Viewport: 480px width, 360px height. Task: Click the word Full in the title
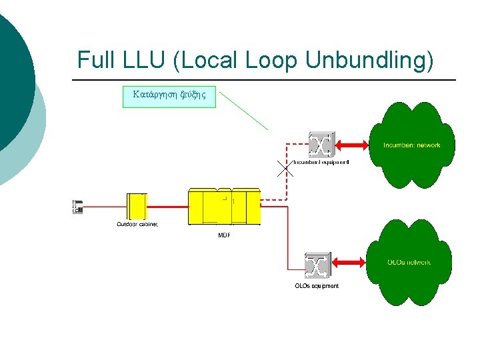pos(97,60)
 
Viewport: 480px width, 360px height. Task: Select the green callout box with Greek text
pos(169,95)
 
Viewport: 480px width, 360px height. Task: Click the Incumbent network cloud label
pos(411,145)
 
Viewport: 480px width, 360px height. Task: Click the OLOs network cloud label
pos(409,262)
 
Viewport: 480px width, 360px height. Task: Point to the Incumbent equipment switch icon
pos(321,145)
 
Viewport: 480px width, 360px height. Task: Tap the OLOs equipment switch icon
pos(317,265)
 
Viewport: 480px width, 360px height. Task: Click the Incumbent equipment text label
pos(321,162)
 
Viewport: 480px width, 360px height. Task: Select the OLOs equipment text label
pos(317,286)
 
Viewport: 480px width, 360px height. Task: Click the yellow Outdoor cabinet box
pos(137,206)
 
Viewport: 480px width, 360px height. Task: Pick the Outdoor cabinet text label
pos(137,225)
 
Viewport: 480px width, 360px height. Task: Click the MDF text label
pos(225,235)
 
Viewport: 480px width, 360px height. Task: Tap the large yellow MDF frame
pos(224,207)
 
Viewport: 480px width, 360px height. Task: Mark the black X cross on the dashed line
pos(285,169)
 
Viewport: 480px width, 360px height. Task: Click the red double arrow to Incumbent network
pos(352,145)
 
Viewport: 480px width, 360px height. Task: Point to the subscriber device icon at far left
pos(77,207)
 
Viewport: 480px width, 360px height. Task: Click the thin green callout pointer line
pos(244,111)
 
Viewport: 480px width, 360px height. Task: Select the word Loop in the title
pos(271,60)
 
